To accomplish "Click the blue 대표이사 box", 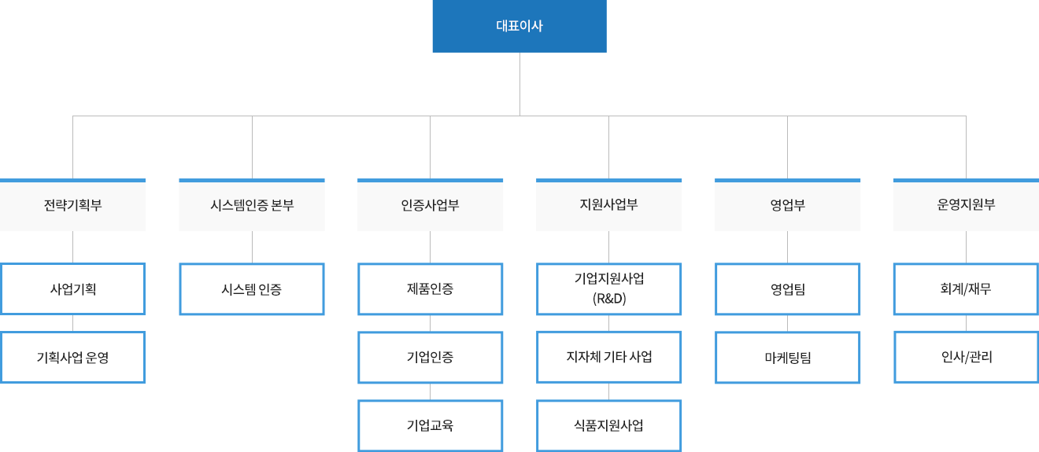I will (x=519, y=26).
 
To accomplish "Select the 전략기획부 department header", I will (x=73, y=206).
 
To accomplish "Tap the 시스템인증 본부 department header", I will (x=252, y=206).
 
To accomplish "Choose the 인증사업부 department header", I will (x=431, y=206).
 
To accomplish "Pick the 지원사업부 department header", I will (x=609, y=206).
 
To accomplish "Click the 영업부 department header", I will (x=788, y=206).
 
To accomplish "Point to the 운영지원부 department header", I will (x=967, y=206).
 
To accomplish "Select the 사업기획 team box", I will (x=73, y=288).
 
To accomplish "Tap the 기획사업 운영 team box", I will (x=73, y=357).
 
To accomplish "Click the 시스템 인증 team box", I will (x=252, y=288).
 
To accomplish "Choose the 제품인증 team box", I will (x=431, y=288).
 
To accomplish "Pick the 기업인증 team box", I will (x=431, y=357).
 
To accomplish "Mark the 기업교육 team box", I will (x=431, y=425).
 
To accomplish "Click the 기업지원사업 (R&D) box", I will (x=609, y=288).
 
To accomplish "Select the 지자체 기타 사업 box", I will (x=609, y=357).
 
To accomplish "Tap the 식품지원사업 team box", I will (x=609, y=425).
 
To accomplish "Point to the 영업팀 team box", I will (x=788, y=288).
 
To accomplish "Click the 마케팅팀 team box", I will (x=788, y=357).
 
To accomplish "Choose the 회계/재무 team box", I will (x=967, y=288).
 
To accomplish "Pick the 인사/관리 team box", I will (x=967, y=357).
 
